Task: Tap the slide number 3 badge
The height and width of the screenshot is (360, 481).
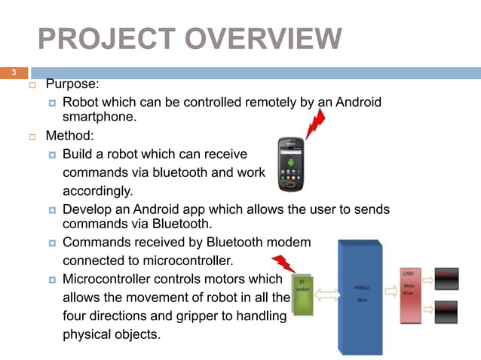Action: pos(13,73)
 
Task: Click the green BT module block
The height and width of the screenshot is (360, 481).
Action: pos(302,294)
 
